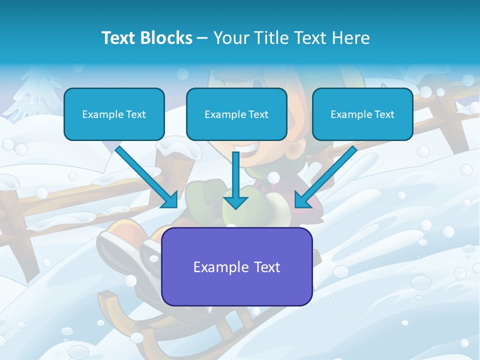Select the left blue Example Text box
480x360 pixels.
pyautogui.click(x=114, y=114)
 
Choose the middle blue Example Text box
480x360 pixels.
pyautogui.click(x=236, y=114)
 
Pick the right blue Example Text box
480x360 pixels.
pyautogui.click(x=362, y=114)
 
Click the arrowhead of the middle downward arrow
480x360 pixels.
pyautogui.click(x=235, y=202)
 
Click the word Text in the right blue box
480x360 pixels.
pyautogui.click(x=384, y=114)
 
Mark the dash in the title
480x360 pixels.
pyautogui.click(x=202, y=38)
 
